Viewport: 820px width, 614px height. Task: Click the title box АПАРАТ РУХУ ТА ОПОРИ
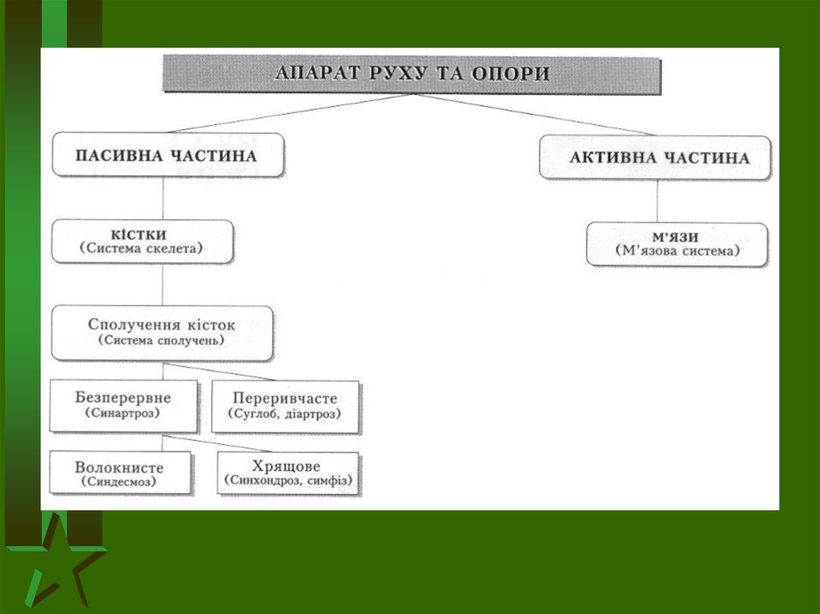pyautogui.click(x=412, y=74)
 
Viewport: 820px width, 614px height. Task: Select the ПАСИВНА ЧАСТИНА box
pyautogui.click(x=167, y=155)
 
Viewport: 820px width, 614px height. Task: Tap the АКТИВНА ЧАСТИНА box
pyautogui.click(x=655, y=158)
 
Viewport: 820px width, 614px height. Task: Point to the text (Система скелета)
pyautogui.click(x=142, y=250)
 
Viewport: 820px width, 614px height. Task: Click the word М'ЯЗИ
pyautogui.click(x=677, y=237)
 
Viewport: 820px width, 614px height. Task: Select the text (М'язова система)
pyautogui.click(x=677, y=252)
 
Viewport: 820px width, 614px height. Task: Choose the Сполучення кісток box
pyautogui.click(x=162, y=332)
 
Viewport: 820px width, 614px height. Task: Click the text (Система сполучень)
pyautogui.click(x=162, y=341)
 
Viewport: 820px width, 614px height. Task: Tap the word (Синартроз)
pyautogui.click(x=124, y=414)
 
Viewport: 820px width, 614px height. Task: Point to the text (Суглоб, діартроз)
pyautogui.click(x=285, y=415)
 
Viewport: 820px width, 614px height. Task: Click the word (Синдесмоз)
pyautogui.click(x=119, y=483)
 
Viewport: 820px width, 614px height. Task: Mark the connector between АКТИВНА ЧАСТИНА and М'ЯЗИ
pyautogui.click(x=657, y=200)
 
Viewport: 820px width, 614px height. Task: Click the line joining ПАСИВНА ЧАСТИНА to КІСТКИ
pyautogui.click(x=163, y=198)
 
